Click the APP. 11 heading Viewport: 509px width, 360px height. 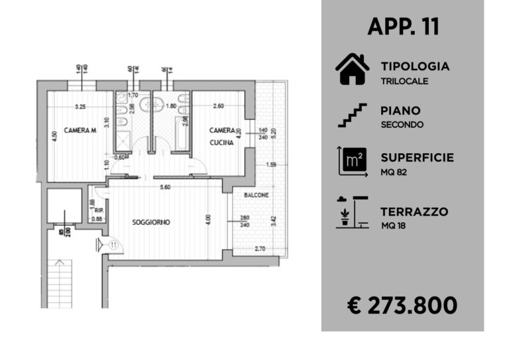click(403, 27)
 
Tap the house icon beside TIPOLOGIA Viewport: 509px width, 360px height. click(352, 70)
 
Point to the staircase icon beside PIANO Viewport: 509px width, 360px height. click(352, 114)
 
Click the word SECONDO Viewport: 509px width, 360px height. click(402, 124)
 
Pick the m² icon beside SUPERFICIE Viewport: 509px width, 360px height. click(351, 160)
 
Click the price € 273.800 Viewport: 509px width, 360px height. click(402, 305)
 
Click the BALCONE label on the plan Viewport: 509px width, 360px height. click(256, 196)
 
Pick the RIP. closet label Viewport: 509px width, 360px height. click(96, 211)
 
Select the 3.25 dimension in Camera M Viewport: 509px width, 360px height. click(82, 106)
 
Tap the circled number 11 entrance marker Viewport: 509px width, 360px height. click(113, 245)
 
